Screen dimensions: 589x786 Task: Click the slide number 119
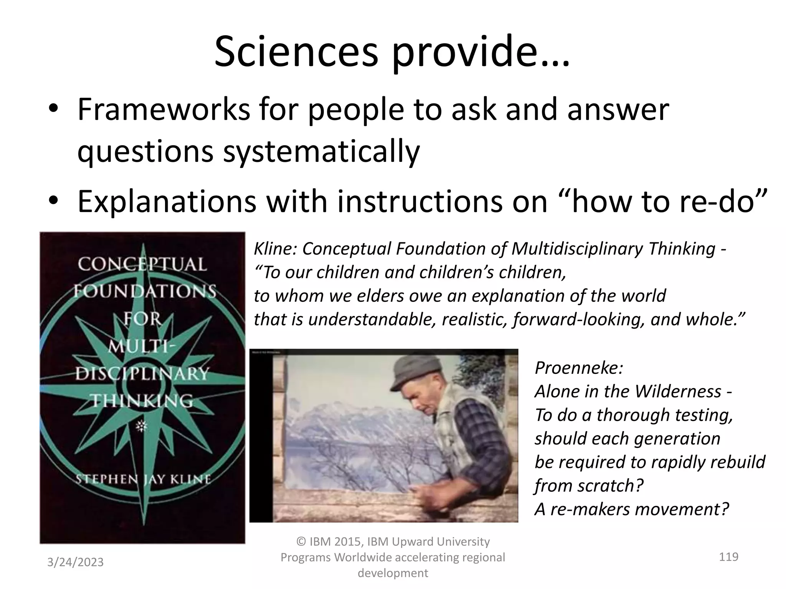click(728, 556)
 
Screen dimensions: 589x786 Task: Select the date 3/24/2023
click(75, 562)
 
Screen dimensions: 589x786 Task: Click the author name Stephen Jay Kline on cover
click(143, 479)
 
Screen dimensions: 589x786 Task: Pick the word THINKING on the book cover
click(142, 401)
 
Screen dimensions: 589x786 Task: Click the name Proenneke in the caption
click(578, 368)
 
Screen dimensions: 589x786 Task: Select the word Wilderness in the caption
click(678, 392)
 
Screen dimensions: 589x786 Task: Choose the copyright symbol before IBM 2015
click(302, 542)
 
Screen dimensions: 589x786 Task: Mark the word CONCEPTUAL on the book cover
click(142, 265)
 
